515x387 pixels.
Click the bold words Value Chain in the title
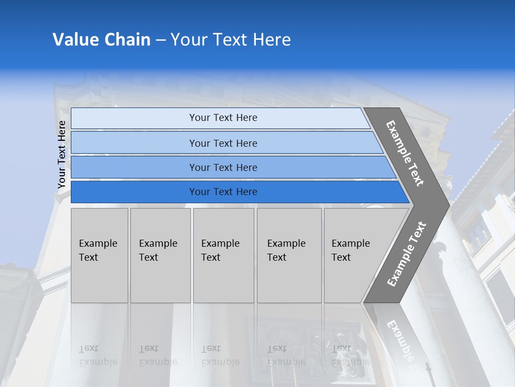pyautogui.click(x=101, y=40)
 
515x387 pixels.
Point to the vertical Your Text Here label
pyautogui.click(x=62, y=154)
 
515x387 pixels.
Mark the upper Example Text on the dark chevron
pyautogui.click(x=405, y=153)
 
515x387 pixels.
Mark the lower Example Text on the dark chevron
pyautogui.click(x=406, y=254)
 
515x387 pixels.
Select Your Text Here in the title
pyautogui.click(x=231, y=40)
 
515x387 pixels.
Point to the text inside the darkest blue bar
pyautogui.click(x=223, y=192)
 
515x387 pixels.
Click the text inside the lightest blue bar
pyautogui.click(x=223, y=118)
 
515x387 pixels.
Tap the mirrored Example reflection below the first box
pyautogui.click(x=98, y=362)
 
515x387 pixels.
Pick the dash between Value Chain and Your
pyautogui.click(x=160, y=40)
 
